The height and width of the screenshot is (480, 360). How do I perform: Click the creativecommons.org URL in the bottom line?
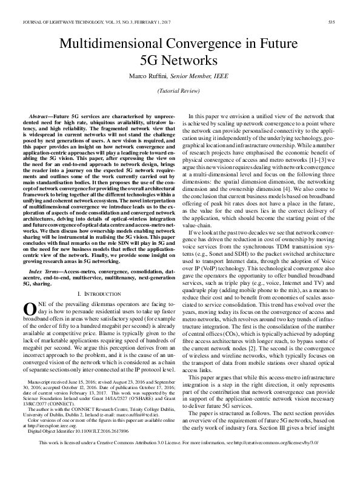(x=285, y=460)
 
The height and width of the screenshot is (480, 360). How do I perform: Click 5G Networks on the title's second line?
(x=179, y=61)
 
